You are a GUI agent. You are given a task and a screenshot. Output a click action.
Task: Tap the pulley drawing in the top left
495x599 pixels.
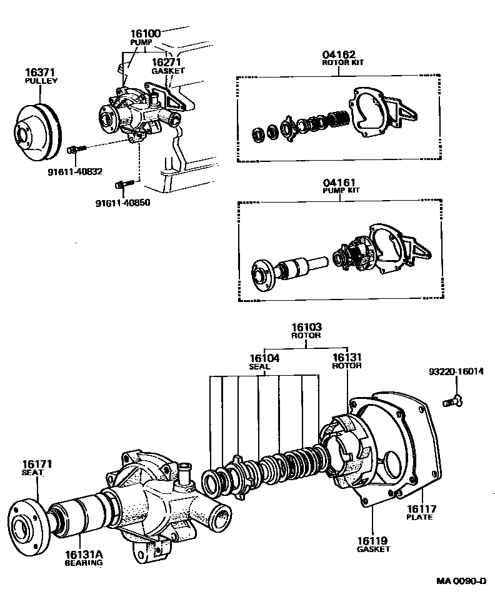coord(36,129)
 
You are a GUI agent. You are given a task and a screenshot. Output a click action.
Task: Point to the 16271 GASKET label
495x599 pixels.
coord(168,66)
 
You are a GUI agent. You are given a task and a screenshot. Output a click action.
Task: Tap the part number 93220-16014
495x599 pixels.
coord(456,371)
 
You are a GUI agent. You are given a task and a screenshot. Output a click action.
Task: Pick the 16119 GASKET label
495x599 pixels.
coord(373,544)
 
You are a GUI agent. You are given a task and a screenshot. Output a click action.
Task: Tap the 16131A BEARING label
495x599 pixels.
coord(83,558)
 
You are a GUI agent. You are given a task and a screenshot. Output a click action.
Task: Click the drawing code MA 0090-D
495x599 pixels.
coord(461,581)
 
